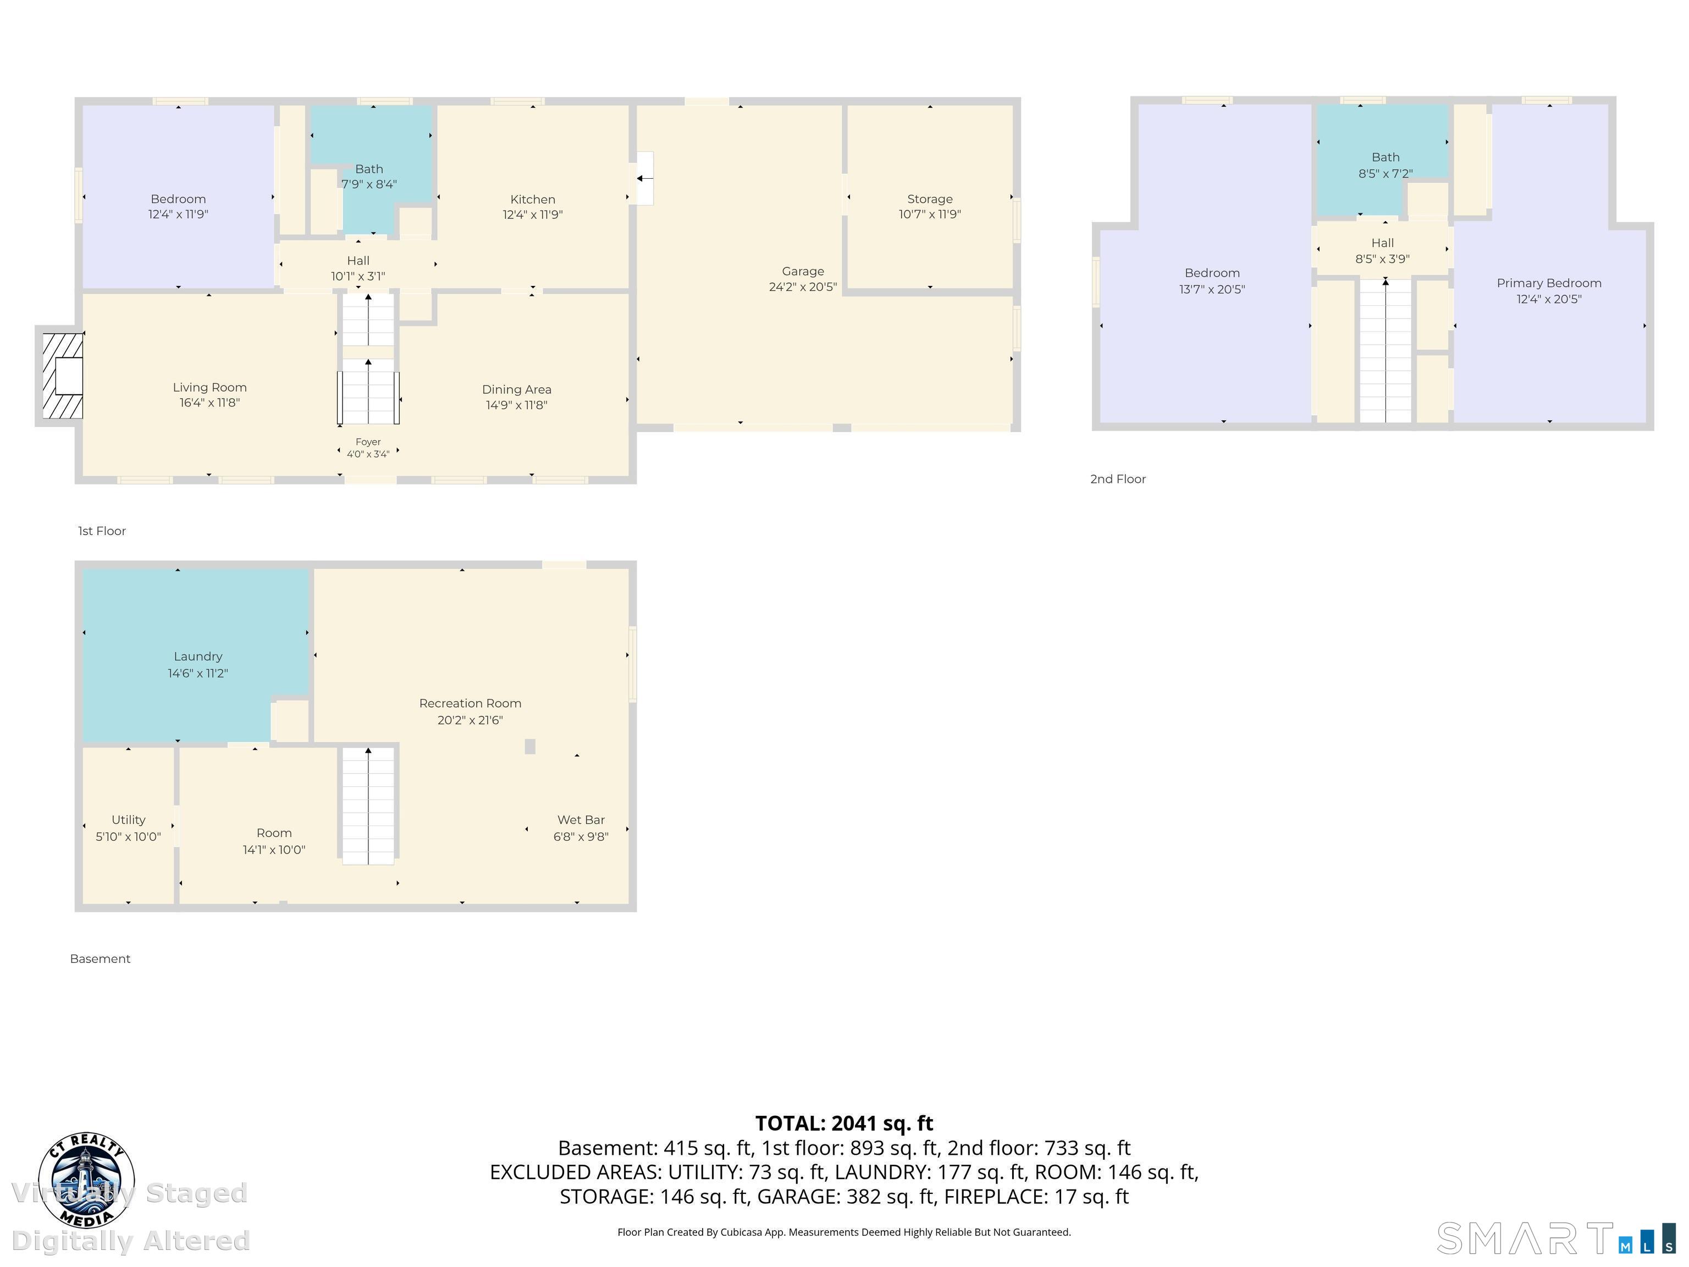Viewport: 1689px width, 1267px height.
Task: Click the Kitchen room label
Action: tap(532, 199)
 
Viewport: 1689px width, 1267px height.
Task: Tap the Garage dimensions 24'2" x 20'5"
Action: tap(803, 287)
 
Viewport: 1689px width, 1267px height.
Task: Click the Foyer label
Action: tap(368, 442)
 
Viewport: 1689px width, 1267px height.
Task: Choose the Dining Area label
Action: tap(516, 389)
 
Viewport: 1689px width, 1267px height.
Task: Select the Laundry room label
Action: tap(198, 656)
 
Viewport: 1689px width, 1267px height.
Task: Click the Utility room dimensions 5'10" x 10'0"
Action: tap(128, 836)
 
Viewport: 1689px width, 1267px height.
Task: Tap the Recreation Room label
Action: tap(470, 703)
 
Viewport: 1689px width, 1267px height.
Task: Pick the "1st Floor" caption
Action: tap(102, 531)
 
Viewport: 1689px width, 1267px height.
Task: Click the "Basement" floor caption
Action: tap(100, 958)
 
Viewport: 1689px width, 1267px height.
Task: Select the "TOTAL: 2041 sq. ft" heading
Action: tap(844, 1123)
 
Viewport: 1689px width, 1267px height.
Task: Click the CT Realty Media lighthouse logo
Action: tap(86, 1181)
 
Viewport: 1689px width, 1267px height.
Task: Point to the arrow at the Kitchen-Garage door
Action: tap(645, 179)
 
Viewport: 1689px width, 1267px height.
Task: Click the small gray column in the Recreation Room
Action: tap(530, 746)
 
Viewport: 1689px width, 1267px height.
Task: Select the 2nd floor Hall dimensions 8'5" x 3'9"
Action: tap(1382, 259)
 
